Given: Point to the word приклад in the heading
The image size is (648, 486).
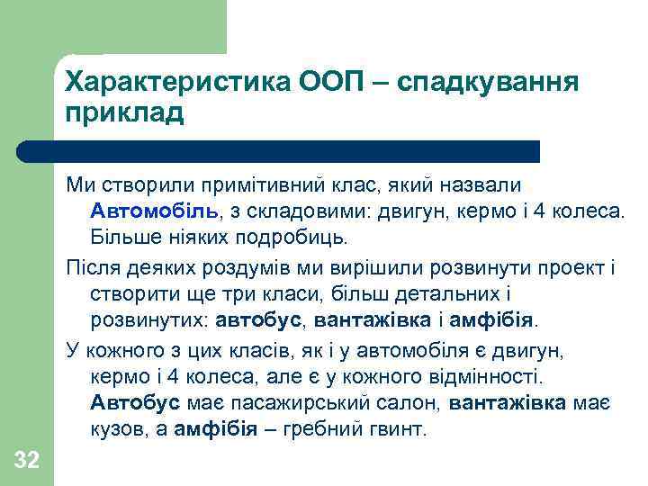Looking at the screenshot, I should tap(124, 113).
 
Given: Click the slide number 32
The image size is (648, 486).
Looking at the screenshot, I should tap(27, 462).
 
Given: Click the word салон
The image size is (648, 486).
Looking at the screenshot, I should tap(403, 405).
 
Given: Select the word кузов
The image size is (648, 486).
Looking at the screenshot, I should tap(116, 430).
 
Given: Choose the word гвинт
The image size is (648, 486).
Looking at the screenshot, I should tap(392, 430).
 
